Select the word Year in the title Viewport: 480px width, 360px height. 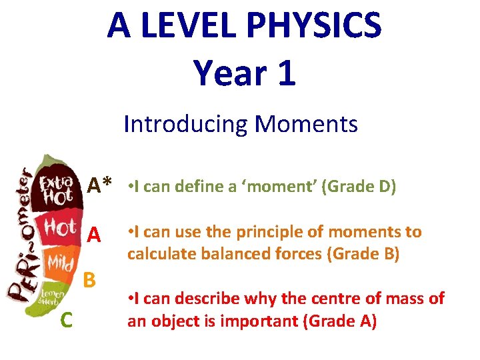click(x=229, y=73)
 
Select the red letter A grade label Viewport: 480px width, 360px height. click(x=95, y=234)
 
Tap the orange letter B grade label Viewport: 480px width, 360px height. click(x=89, y=279)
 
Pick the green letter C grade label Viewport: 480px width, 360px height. click(x=66, y=321)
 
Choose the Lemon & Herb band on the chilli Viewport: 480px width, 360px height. click(x=51, y=293)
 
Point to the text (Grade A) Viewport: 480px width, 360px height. click(x=340, y=322)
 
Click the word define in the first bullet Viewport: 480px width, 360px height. click(x=195, y=187)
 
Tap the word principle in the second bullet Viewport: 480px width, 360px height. click(x=261, y=232)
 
